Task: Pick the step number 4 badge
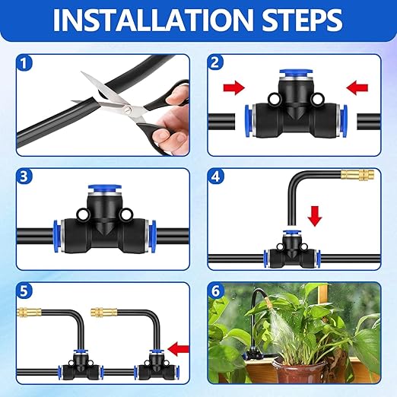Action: tap(217, 177)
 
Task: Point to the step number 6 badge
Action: tap(217, 291)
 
